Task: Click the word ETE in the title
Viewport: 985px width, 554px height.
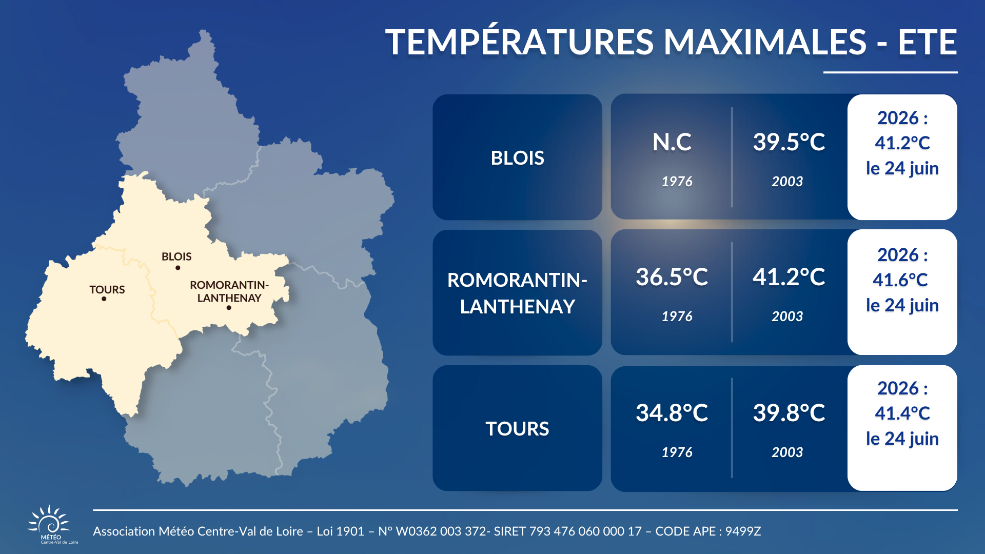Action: pyautogui.click(x=927, y=42)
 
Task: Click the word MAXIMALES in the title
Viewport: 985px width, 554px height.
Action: pyautogui.click(x=765, y=42)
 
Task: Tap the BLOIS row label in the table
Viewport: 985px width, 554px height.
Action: pyautogui.click(x=517, y=158)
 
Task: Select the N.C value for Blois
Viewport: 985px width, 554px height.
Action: pyautogui.click(x=672, y=142)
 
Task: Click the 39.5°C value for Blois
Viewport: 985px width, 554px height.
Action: pyautogui.click(x=789, y=142)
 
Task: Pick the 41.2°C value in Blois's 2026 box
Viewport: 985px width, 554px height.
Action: pyautogui.click(x=902, y=143)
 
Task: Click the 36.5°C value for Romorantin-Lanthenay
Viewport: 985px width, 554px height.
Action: pyautogui.click(x=672, y=277)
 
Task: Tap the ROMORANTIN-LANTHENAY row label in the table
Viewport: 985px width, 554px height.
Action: pyautogui.click(x=517, y=293)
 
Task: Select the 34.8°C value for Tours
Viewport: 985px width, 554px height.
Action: pyautogui.click(x=672, y=413)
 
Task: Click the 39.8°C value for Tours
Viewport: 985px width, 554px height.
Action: pyautogui.click(x=789, y=413)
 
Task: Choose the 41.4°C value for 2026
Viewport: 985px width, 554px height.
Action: pyautogui.click(x=902, y=413)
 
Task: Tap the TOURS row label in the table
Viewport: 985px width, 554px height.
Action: pyautogui.click(x=517, y=429)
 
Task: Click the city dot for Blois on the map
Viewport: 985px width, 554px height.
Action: pyautogui.click(x=178, y=268)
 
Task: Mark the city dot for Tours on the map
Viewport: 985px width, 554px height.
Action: pyautogui.click(x=104, y=299)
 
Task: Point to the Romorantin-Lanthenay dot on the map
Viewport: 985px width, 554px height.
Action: pyautogui.click(x=229, y=308)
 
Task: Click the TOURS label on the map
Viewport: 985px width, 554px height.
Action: pyautogui.click(x=107, y=290)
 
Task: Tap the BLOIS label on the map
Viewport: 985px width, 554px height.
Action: pyautogui.click(x=176, y=256)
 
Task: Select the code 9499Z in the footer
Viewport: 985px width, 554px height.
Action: pyautogui.click(x=743, y=531)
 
